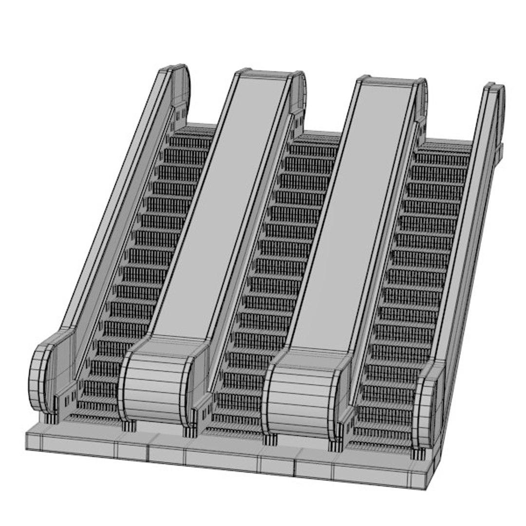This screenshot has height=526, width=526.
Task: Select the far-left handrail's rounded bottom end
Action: click(x=41, y=377)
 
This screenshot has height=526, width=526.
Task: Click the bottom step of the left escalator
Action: click(x=93, y=418)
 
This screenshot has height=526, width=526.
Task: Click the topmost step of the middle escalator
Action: click(x=317, y=139)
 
